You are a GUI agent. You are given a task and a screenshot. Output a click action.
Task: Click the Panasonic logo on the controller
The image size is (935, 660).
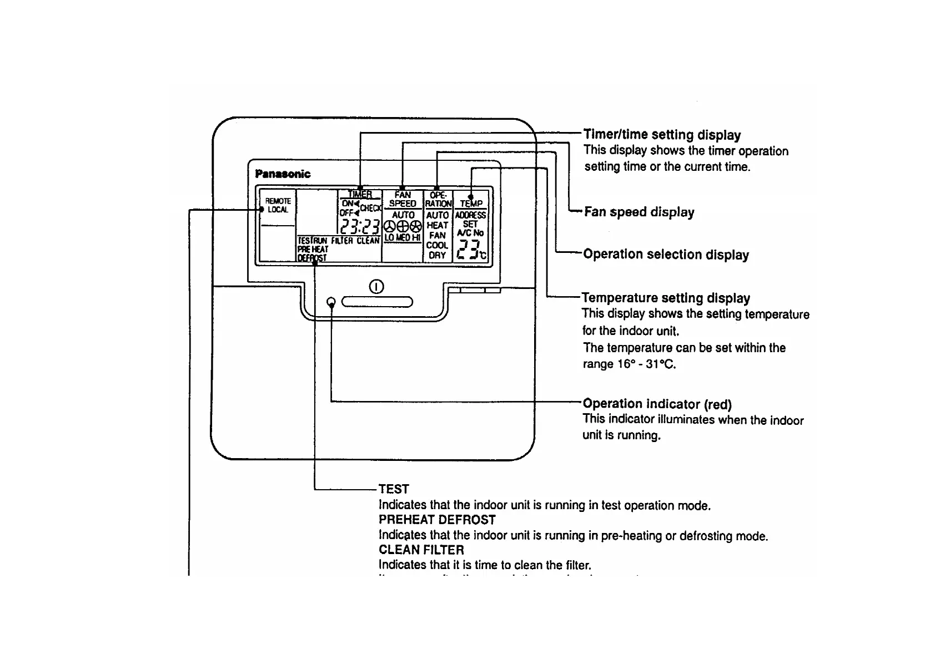(x=283, y=174)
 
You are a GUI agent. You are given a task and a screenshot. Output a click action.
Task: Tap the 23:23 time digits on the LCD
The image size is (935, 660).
(x=360, y=227)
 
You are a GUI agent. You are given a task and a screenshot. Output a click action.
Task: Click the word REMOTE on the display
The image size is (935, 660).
(x=278, y=201)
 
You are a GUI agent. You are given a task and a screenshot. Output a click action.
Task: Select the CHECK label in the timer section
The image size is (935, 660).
(x=370, y=209)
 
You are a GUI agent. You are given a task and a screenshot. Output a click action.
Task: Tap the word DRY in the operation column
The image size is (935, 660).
(x=437, y=256)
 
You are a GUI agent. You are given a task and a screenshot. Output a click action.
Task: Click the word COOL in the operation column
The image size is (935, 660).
(x=437, y=246)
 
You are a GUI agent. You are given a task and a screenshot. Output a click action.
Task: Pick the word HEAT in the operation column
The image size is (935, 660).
(x=437, y=225)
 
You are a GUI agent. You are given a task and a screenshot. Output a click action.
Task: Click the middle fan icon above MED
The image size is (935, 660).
(x=402, y=226)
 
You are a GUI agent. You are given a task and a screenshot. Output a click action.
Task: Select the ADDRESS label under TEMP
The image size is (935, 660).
(x=470, y=215)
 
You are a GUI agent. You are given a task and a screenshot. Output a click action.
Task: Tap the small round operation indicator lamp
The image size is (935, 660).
(x=331, y=302)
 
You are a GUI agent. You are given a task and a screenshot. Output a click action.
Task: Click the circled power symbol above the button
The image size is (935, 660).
(x=376, y=287)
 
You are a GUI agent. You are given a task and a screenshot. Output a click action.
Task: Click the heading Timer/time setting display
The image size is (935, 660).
(x=662, y=135)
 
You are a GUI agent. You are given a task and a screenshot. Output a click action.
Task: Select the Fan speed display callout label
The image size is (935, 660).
(x=639, y=212)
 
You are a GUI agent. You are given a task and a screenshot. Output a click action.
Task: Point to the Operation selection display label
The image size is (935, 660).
(x=666, y=255)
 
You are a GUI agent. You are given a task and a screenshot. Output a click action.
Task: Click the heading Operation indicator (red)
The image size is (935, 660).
(x=657, y=404)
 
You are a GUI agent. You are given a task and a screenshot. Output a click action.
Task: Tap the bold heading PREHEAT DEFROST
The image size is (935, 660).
(x=437, y=520)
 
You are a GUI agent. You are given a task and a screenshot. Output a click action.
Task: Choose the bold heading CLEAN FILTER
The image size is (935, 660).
(x=421, y=550)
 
